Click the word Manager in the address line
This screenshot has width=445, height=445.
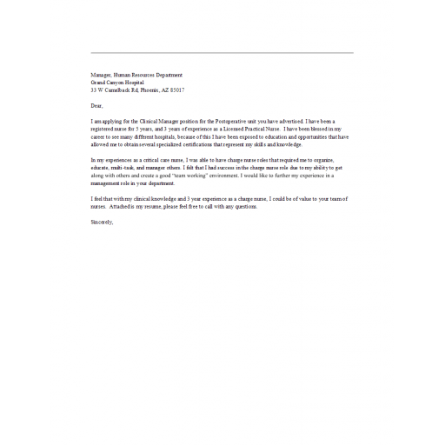tap(103, 76)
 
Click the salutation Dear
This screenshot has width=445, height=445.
tap(96, 104)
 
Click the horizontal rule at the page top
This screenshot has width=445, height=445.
tap(222, 54)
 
